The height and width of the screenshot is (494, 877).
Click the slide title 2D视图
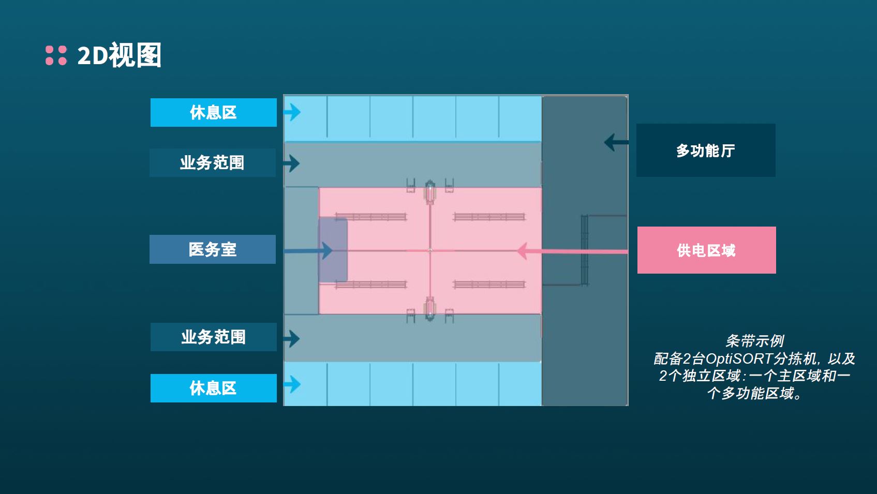pos(119,55)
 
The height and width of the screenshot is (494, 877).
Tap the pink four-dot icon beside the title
pos(56,55)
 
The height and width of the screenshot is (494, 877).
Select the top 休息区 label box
pos(213,112)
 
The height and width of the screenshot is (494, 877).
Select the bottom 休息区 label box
pos(213,388)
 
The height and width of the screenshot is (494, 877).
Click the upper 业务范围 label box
pos(212,163)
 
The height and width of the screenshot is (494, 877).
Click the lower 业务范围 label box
pos(213,337)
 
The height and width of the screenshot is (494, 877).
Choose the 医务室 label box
pos(212,249)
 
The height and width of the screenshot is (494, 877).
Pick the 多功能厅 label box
pos(705,151)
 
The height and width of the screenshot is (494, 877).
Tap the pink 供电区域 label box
pos(706,250)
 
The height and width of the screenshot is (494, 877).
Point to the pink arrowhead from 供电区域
pos(523,251)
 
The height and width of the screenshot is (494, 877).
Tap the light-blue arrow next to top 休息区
pos(293,112)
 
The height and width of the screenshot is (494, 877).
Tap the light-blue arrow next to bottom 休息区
pos(293,384)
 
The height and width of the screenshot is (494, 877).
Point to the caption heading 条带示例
pos(754,341)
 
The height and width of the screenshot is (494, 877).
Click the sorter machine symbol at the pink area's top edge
pos(429,192)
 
